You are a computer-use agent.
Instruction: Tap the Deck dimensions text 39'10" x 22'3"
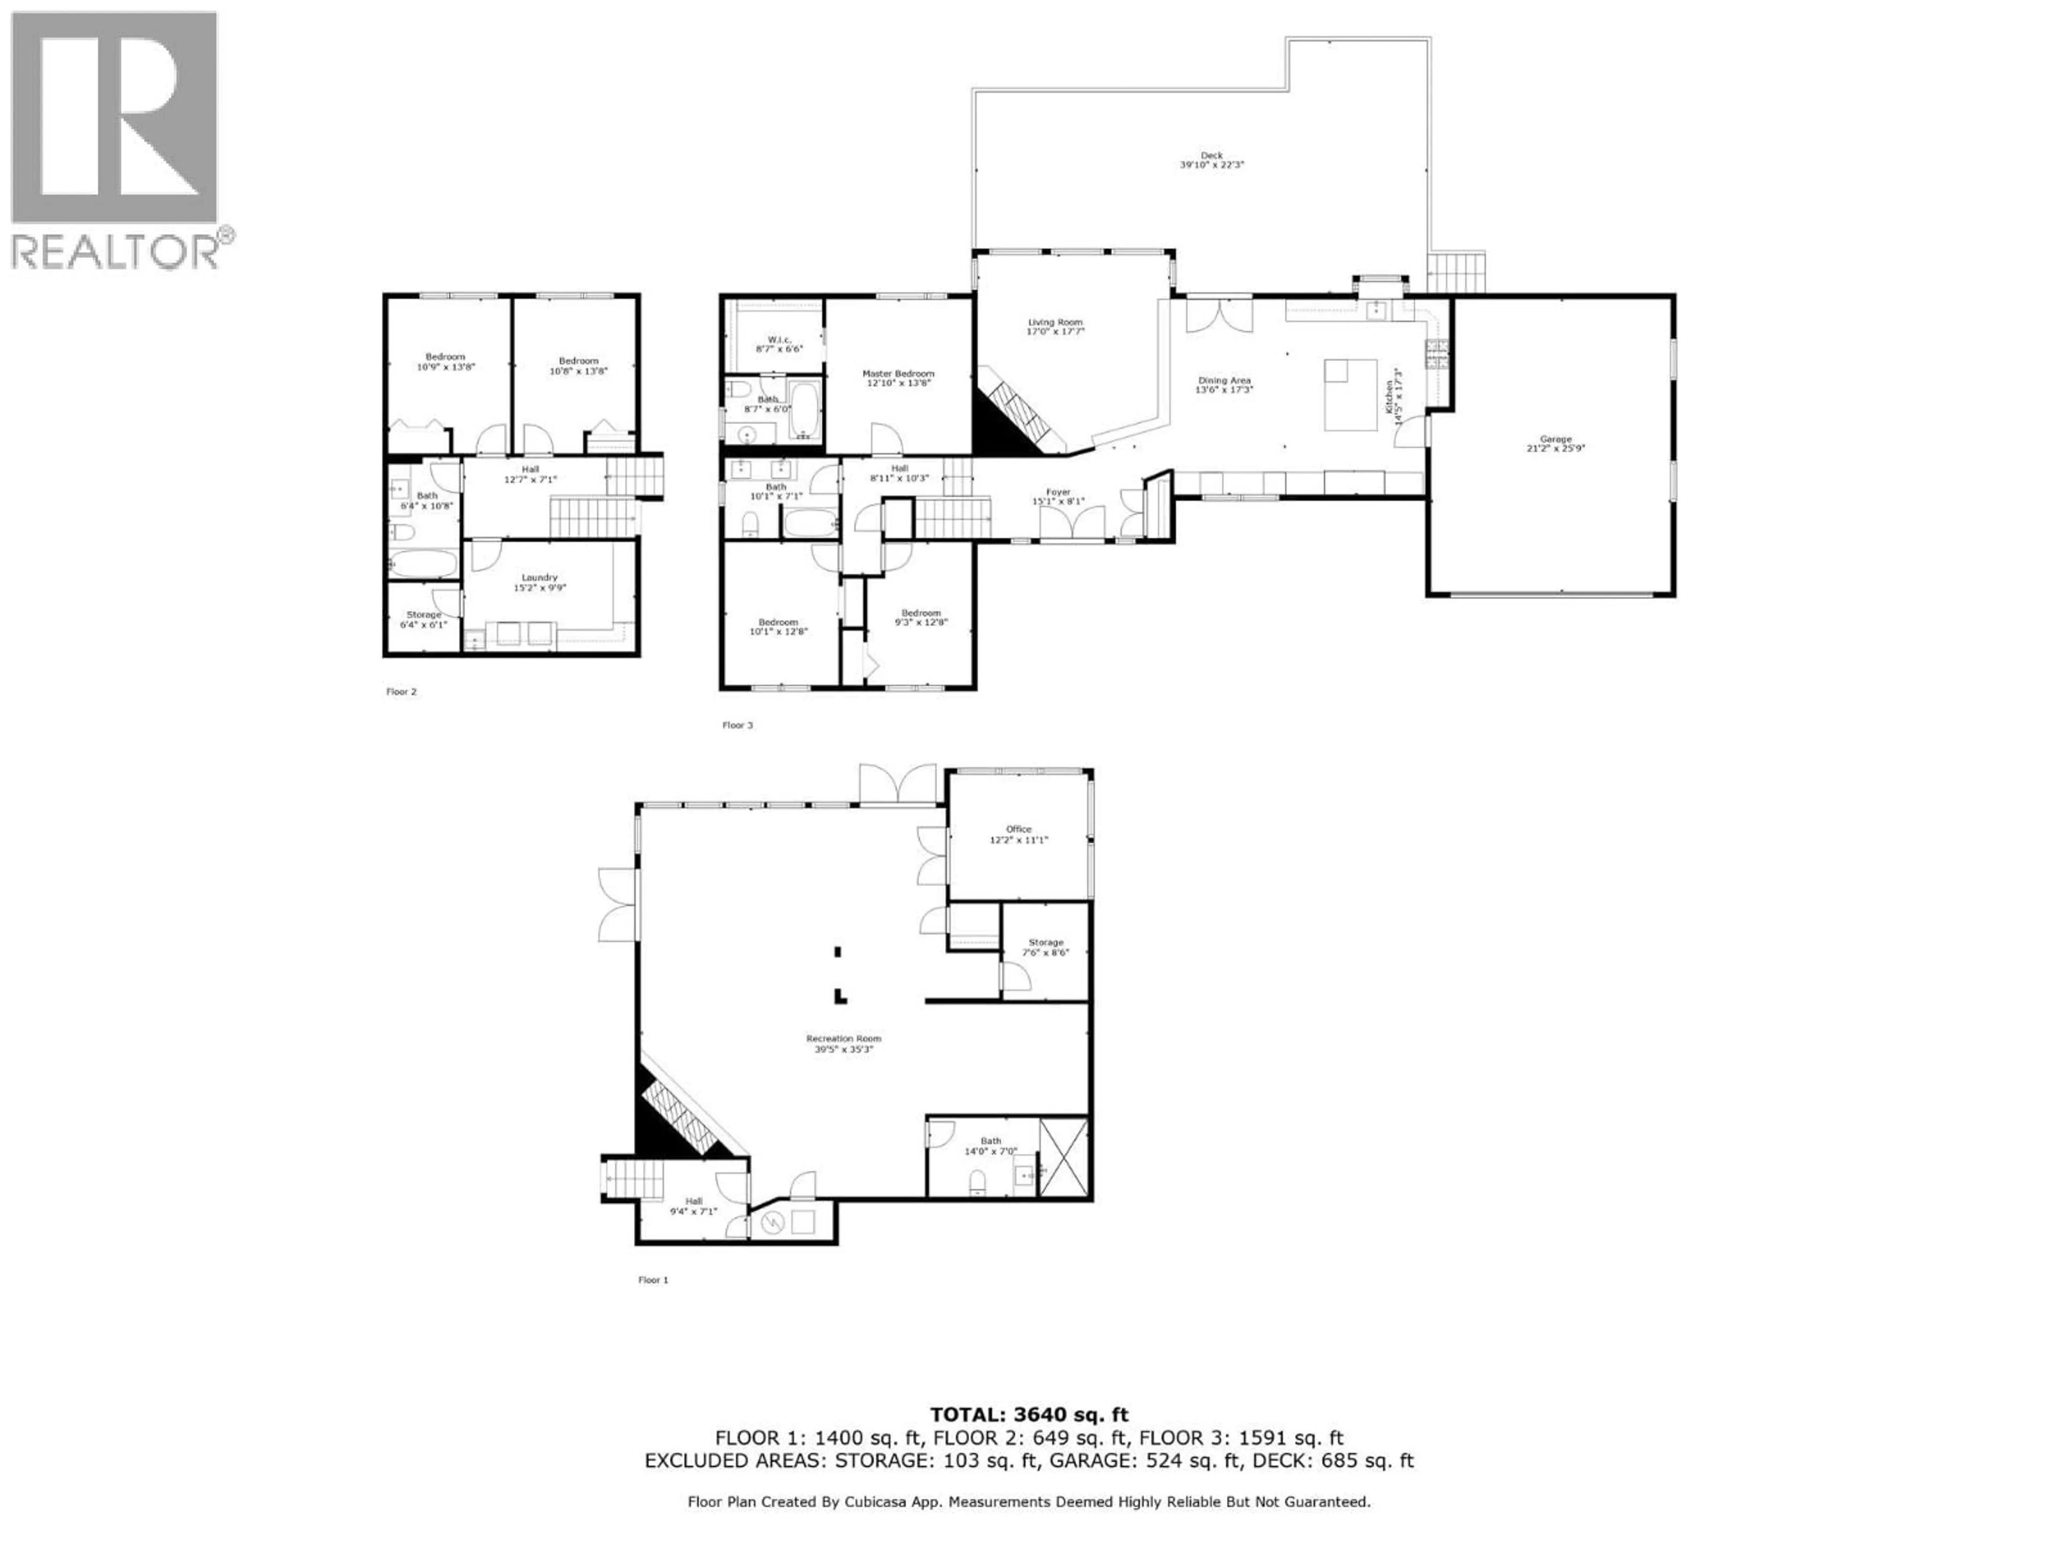point(1211,165)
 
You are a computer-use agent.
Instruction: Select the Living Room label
point(1055,322)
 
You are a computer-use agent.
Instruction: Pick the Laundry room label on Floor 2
point(540,578)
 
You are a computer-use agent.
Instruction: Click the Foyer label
point(1058,492)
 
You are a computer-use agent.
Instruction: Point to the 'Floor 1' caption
point(653,1280)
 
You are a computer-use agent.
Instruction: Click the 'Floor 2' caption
point(401,692)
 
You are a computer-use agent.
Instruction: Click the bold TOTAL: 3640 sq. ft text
point(1029,1415)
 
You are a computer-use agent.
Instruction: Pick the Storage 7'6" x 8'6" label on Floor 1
point(1045,943)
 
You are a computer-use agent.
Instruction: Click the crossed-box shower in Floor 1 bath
point(1063,1157)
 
